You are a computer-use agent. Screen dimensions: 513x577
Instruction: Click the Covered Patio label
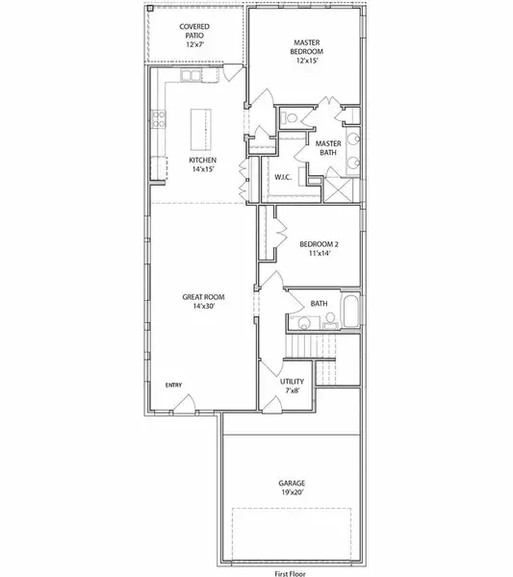point(194,32)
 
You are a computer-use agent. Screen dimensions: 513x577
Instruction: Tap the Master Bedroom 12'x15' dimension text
point(307,61)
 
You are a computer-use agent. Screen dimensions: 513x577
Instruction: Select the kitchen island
point(201,130)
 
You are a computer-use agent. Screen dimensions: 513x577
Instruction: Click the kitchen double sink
point(191,75)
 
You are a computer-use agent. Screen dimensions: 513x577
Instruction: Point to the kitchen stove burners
point(159,119)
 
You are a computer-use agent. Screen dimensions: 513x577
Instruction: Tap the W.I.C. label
point(283,177)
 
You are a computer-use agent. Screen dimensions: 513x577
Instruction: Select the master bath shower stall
point(339,189)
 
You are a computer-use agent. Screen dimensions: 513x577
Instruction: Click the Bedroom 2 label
point(319,244)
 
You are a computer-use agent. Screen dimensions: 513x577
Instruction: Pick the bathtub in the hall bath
point(350,310)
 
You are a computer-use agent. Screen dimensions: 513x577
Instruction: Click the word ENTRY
point(173,385)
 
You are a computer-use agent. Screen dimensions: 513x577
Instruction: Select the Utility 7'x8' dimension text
point(292,390)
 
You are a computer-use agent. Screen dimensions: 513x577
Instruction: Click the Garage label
point(292,483)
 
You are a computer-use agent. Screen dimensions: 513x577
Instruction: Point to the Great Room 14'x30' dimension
point(203,306)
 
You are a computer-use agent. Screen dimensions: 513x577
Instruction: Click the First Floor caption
point(291,573)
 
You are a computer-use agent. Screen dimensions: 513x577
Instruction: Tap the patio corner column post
point(150,8)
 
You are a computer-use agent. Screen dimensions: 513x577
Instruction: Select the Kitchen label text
point(202,160)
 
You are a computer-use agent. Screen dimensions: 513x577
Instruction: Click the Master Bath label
point(328,148)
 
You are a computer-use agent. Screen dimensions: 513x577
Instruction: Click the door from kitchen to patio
point(233,73)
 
